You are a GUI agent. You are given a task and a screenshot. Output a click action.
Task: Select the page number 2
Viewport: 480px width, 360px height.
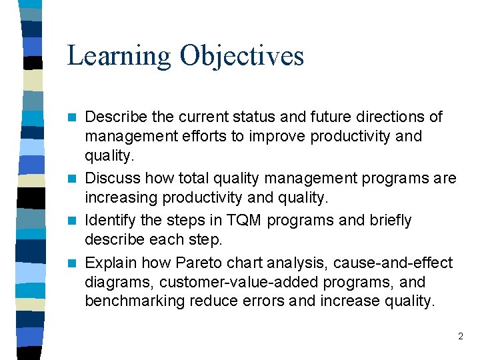(x=460, y=337)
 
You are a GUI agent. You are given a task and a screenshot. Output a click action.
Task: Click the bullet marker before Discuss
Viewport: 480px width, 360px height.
(x=77, y=179)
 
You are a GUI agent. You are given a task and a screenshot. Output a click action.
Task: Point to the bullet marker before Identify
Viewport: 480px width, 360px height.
(x=77, y=220)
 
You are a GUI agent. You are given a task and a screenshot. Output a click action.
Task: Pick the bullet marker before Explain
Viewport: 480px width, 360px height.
(x=77, y=263)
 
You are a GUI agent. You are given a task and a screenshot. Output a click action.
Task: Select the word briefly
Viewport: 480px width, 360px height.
(x=387, y=220)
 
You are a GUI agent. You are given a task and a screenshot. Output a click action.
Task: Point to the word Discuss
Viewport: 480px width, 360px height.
(x=109, y=179)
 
